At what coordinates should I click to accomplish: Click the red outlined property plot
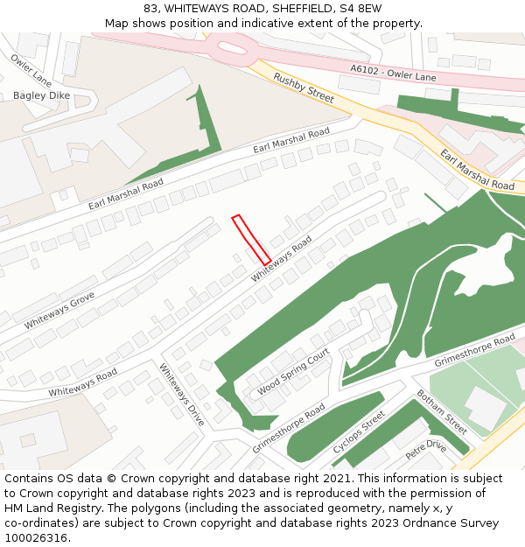point(251,239)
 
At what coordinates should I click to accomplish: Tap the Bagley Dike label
point(41,95)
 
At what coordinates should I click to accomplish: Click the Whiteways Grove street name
point(59,311)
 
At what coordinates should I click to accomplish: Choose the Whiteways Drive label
point(182,395)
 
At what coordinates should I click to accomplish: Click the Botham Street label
point(442,411)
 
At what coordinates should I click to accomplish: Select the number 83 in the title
point(151,8)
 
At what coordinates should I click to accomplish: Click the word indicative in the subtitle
point(274,23)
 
